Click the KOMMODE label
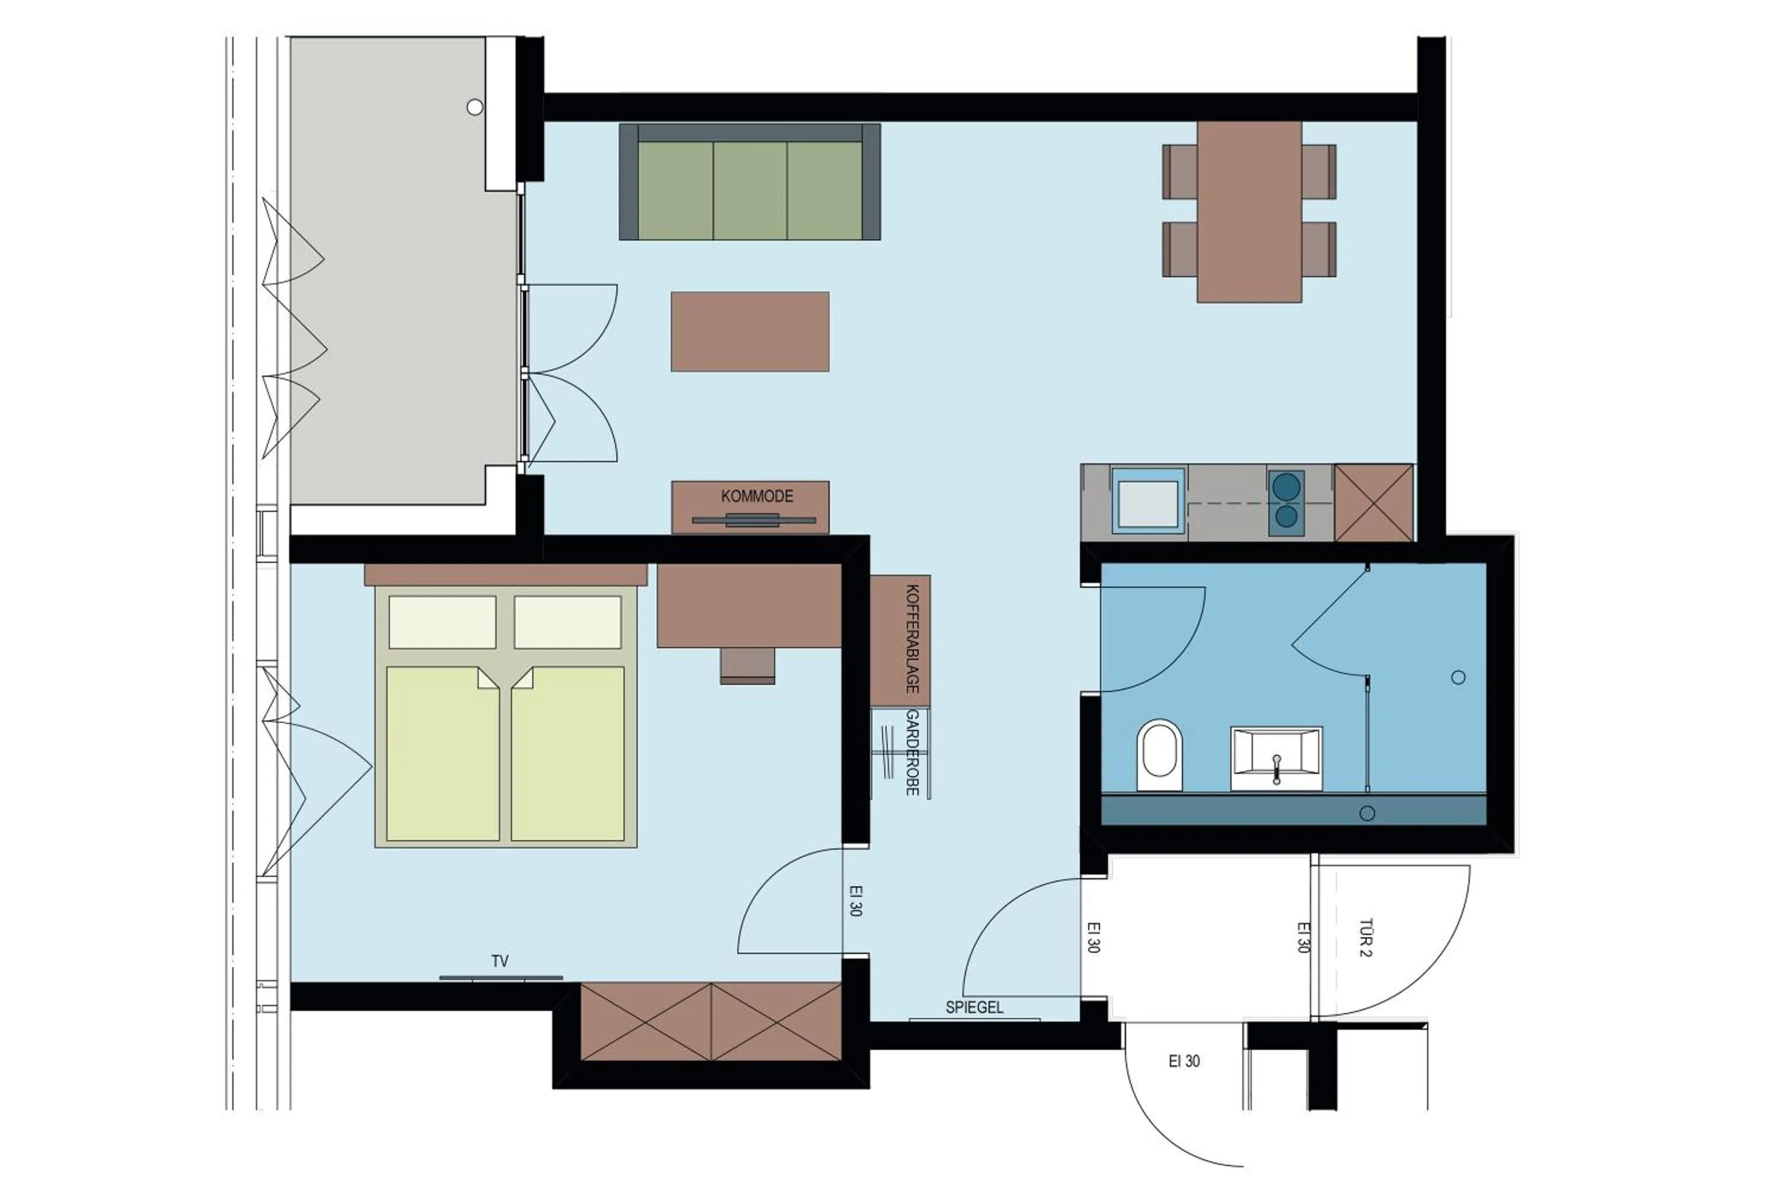[x=757, y=497]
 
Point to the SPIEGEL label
[x=974, y=1007]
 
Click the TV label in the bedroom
[x=500, y=961]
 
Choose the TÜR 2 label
[x=1366, y=938]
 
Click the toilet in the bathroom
[x=1159, y=756]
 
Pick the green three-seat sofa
[x=749, y=182]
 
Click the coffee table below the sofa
[x=750, y=332]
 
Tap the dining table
[x=1249, y=212]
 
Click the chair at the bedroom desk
[x=747, y=665]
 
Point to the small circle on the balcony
[x=475, y=107]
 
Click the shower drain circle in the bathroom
[x=1458, y=678]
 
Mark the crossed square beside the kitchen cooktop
[x=1374, y=502]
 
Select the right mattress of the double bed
[x=568, y=754]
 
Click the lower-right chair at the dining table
[x=1319, y=249]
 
